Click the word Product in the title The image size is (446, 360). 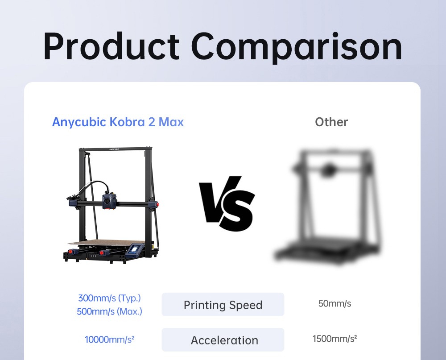(111, 47)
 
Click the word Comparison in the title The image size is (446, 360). (297, 47)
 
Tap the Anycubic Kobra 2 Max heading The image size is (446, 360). (118, 122)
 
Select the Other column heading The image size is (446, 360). (331, 122)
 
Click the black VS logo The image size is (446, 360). (227, 203)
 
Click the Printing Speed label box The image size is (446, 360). (223, 305)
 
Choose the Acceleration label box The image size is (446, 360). (223, 340)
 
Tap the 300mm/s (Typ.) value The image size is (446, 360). (109, 298)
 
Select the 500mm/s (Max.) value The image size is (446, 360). (109, 311)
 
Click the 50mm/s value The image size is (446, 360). (335, 304)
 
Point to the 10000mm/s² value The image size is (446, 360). (110, 339)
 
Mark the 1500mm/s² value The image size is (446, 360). (335, 339)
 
